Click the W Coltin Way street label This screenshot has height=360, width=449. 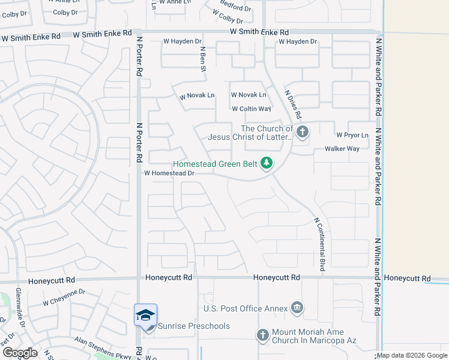(x=252, y=109)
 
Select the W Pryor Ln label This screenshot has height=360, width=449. (x=352, y=135)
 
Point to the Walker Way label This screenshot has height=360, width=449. (x=342, y=149)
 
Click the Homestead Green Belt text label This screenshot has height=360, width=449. (x=215, y=164)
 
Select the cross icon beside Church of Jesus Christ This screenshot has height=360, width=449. (x=302, y=131)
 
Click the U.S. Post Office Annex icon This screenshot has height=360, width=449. (x=297, y=308)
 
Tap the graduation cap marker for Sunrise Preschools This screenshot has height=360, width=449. (x=146, y=315)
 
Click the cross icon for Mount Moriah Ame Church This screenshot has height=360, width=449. (x=263, y=335)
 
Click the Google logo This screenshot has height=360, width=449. (x=20, y=353)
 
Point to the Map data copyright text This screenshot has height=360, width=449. (x=412, y=355)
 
